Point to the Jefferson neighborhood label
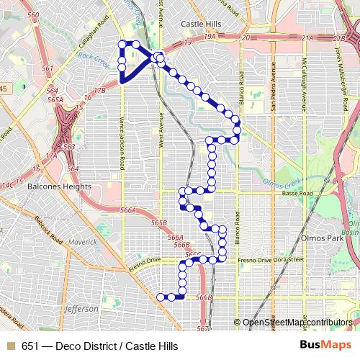(x=81, y=309)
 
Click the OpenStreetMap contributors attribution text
(x=299, y=323)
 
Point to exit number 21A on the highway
(x=309, y=37)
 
